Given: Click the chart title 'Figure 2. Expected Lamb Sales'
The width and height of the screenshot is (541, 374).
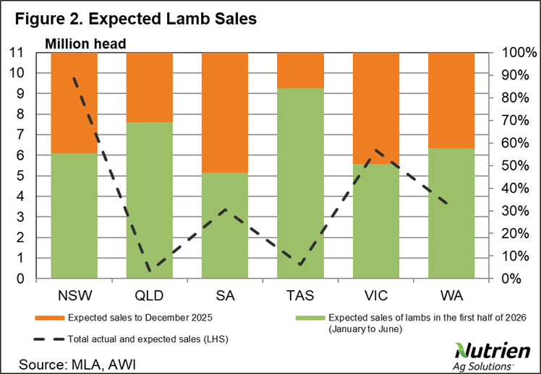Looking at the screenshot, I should coord(134,18).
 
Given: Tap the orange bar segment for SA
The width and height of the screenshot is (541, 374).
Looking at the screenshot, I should coord(225,113).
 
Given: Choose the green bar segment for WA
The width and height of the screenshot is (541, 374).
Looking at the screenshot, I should coord(451,213).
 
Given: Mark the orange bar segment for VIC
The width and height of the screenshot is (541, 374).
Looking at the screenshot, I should coord(376,108).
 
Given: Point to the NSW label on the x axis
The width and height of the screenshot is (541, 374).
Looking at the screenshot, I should coord(74,296).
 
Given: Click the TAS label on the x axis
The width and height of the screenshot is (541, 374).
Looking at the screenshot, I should coord(300,296).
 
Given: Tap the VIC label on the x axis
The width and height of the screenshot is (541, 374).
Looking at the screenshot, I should coord(376,296).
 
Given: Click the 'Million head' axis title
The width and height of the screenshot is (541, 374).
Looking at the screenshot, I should coord(86,43).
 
